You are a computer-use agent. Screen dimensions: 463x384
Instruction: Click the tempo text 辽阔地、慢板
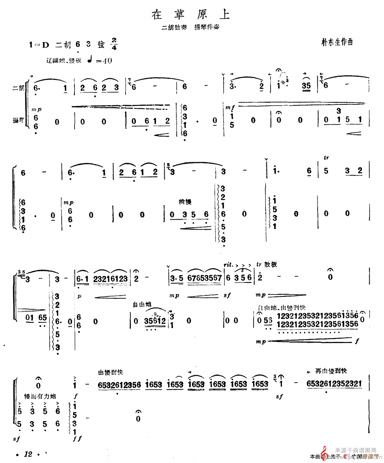[63, 61]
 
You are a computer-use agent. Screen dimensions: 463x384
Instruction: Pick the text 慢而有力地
[40, 396]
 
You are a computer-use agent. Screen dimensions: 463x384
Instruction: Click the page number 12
[28, 454]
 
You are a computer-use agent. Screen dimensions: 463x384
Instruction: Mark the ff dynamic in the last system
[76, 439]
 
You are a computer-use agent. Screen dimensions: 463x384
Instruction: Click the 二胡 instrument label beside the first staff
[19, 88]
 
